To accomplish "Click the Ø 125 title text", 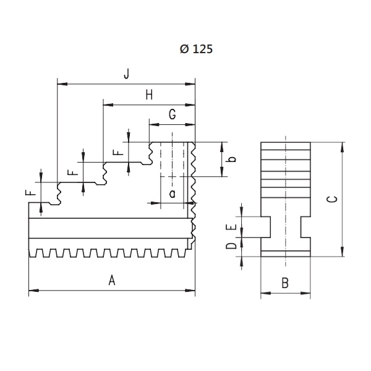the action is click(196, 49).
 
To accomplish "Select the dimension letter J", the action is click(127, 74).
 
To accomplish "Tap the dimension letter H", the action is click(149, 95).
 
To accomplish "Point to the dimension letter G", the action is click(173, 114).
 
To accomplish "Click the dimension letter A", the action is click(112, 280).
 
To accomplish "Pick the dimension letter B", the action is click(285, 283).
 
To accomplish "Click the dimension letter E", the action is click(231, 227).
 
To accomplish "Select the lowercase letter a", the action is click(173, 194).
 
